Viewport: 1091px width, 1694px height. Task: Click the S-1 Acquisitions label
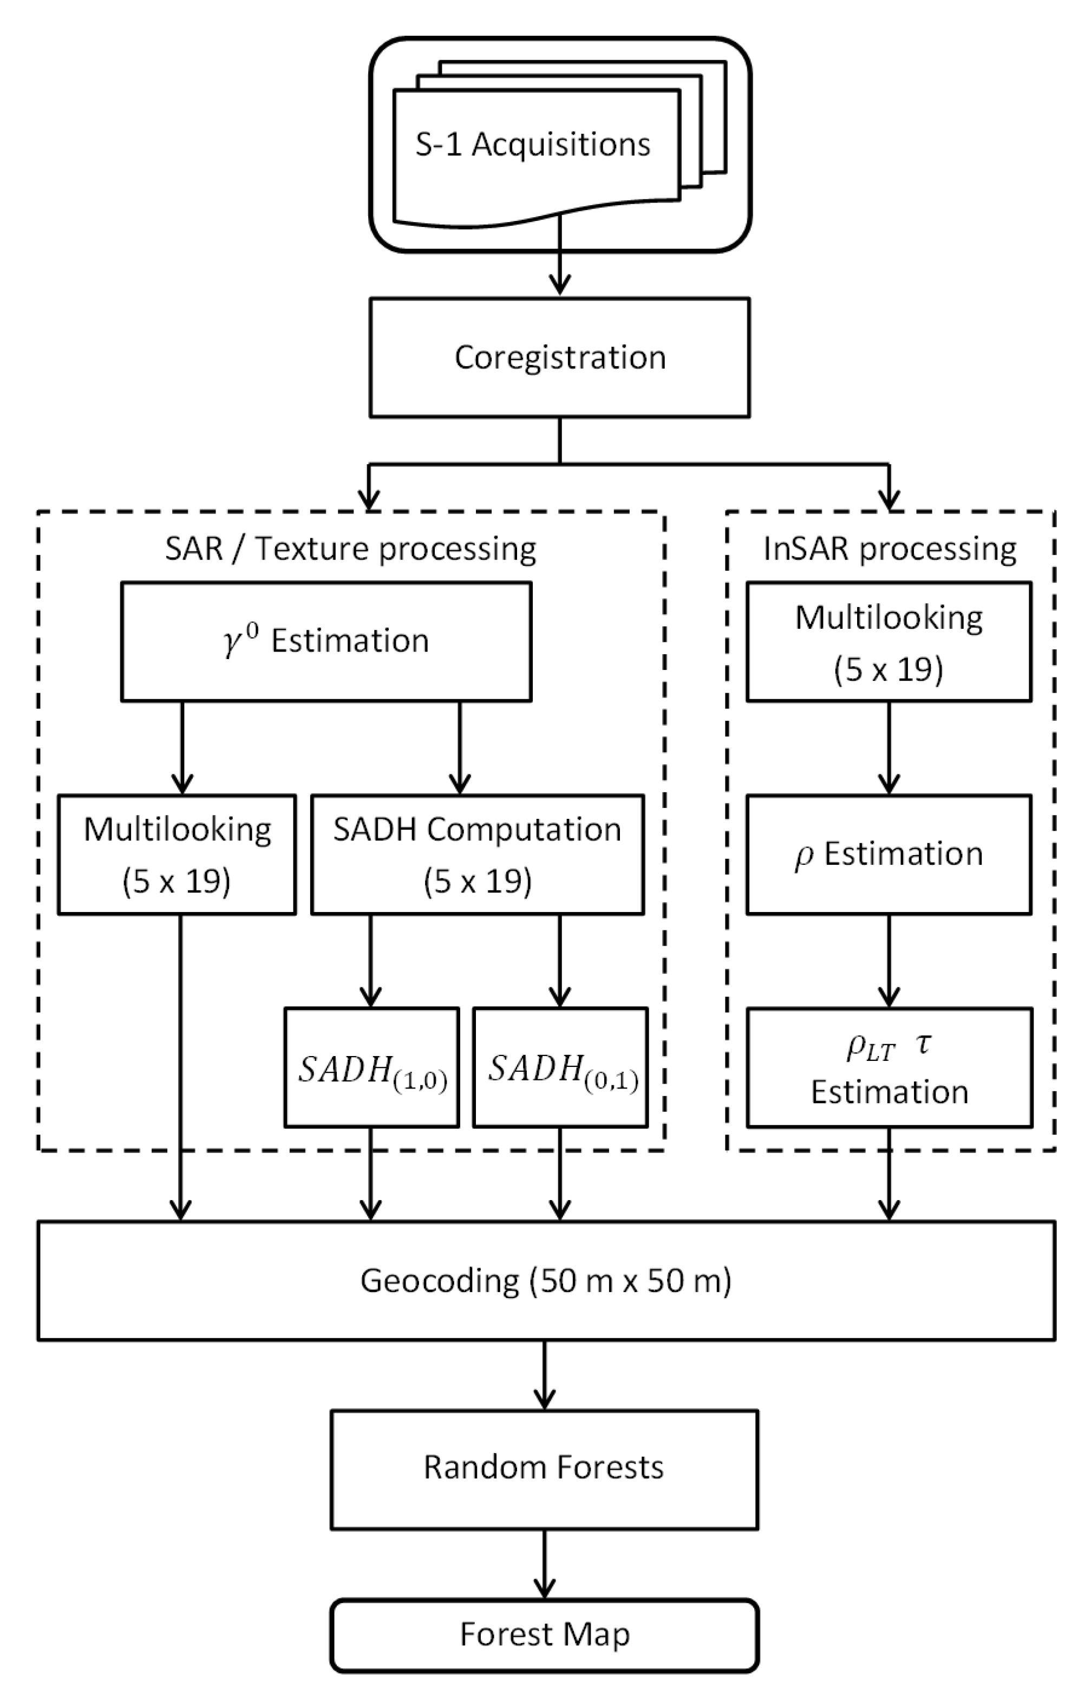point(533,145)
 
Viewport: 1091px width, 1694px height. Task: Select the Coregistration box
point(560,357)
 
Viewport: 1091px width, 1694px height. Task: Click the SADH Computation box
point(478,855)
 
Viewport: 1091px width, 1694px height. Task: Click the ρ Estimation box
point(889,855)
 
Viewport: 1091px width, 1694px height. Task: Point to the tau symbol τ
point(923,1044)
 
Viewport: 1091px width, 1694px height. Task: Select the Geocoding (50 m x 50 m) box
point(546,1280)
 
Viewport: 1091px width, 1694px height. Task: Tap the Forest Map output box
point(544,1635)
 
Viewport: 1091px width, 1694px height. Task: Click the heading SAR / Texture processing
point(351,549)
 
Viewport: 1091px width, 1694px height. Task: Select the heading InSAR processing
point(890,549)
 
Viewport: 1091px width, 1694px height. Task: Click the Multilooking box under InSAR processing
point(889,642)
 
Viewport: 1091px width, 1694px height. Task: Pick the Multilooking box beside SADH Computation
point(177,855)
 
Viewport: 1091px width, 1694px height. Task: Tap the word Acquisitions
point(561,145)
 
